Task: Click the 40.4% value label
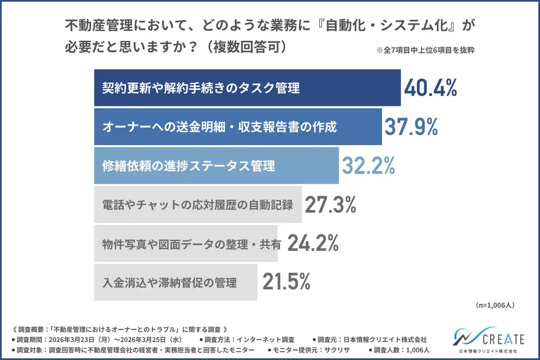430,88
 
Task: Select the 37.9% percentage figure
410,127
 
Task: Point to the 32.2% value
368,166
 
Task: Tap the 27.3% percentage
330,205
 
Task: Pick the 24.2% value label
313,244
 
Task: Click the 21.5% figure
286,282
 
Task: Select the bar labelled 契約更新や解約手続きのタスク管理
247,88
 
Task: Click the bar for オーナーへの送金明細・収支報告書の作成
238,127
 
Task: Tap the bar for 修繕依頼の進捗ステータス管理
216,165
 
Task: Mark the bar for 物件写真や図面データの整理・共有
186,244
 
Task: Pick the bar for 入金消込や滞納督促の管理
175,282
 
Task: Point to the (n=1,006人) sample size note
494,304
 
